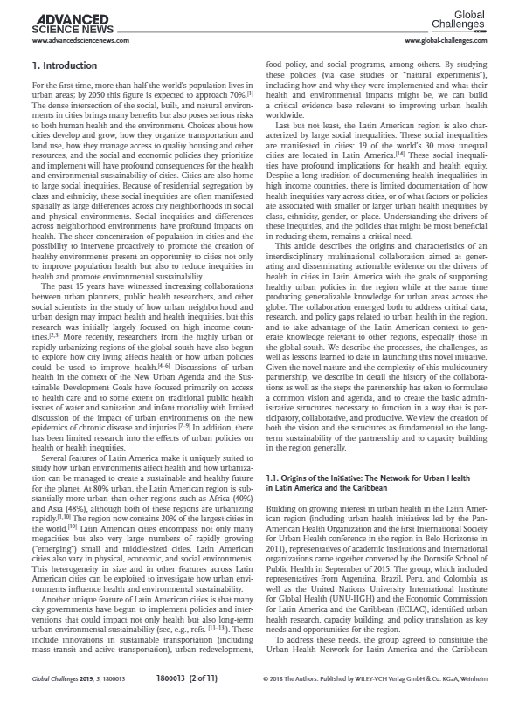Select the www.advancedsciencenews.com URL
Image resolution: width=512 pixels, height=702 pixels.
[77, 41]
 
